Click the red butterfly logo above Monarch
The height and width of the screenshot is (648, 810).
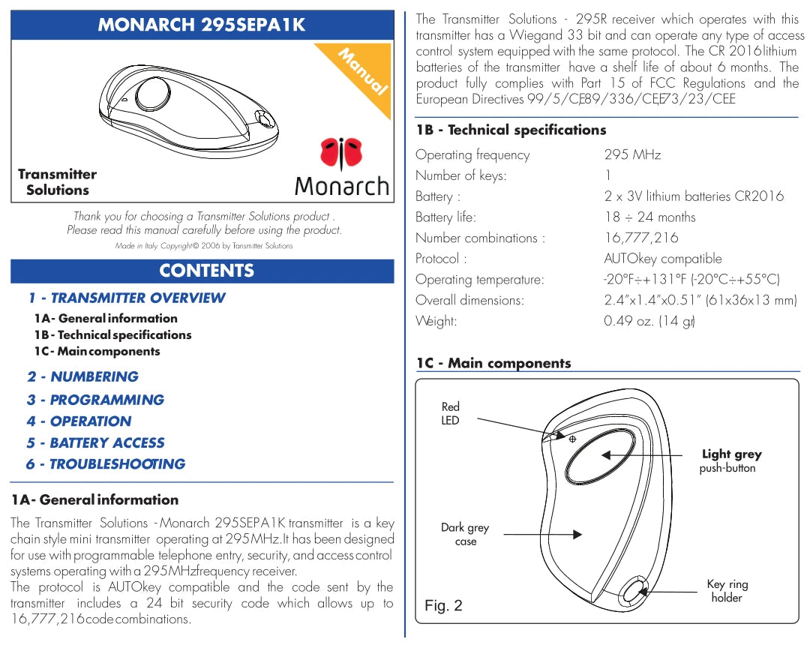click(342, 153)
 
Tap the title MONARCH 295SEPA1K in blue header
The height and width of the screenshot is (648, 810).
click(202, 25)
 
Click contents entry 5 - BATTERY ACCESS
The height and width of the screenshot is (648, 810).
click(96, 442)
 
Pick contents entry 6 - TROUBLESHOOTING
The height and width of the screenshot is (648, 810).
click(106, 463)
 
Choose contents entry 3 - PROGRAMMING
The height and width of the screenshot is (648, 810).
click(96, 400)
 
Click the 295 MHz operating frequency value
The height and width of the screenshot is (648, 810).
click(632, 155)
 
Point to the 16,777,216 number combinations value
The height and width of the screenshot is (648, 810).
click(640, 238)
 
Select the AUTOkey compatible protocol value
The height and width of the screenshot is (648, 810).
click(662, 259)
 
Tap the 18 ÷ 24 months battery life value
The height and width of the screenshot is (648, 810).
click(649, 217)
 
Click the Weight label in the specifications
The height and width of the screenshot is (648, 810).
click(436, 321)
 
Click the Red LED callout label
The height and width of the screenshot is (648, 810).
click(451, 413)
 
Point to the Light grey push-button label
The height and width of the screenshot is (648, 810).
click(731, 460)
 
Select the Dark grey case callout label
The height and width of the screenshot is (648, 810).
click(465, 534)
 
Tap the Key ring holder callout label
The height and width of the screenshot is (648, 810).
click(727, 591)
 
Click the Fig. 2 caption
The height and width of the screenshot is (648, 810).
click(443, 605)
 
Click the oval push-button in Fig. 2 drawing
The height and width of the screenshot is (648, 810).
click(603, 456)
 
